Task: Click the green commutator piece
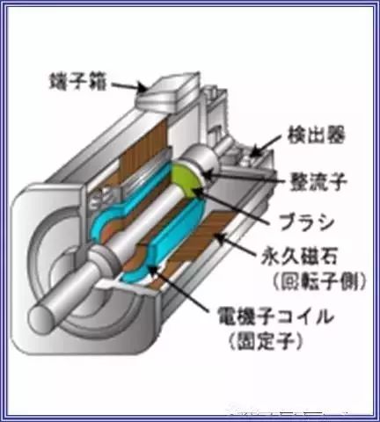(186, 179)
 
